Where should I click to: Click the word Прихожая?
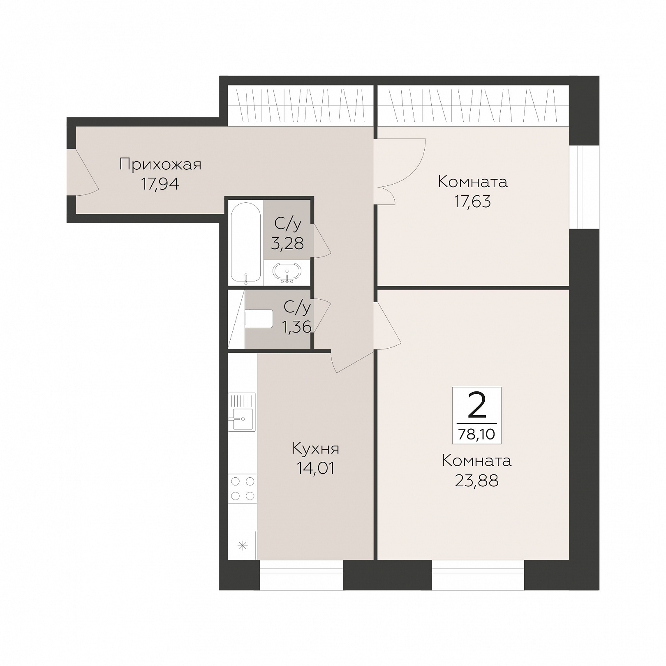tap(160, 164)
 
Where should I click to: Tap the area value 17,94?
tap(160, 184)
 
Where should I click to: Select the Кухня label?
tap(316, 449)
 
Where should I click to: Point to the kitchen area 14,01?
tap(316, 468)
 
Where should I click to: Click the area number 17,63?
tap(473, 202)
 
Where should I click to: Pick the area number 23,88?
tap(477, 481)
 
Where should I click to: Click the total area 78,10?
tap(477, 434)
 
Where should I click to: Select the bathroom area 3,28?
tap(287, 243)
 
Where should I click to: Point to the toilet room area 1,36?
tap(296, 327)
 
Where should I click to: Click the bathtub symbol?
tap(245, 243)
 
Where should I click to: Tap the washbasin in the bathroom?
tap(287, 272)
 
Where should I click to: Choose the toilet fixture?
tap(259, 319)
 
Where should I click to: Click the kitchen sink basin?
tap(243, 419)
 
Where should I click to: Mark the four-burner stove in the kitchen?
tap(243, 488)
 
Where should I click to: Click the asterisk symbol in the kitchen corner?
tap(243, 546)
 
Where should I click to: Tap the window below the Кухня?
tap(302, 575)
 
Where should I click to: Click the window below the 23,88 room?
tap(478, 575)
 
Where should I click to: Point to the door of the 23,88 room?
tap(387, 326)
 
